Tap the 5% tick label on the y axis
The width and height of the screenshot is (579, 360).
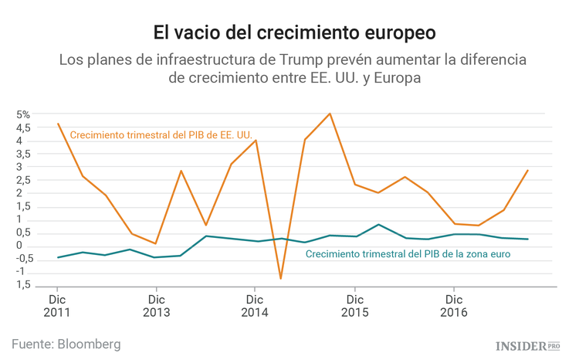[x=23, y=114]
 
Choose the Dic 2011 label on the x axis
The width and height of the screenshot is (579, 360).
[x=57, y=306]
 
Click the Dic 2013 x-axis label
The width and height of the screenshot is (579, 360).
[x=156, y=306]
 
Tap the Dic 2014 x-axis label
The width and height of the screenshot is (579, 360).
[x=255, y=306]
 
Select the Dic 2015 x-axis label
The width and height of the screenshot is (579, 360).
[x=354, y=306]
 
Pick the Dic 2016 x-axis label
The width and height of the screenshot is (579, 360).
[x=454, y=306]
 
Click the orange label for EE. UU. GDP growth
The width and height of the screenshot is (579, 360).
[x=161, y=134]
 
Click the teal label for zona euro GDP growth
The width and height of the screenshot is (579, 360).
[x=408, y=253]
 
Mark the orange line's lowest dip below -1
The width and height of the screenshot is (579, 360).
[x=280, y=278]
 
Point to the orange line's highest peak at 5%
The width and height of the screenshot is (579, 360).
[x=330, y=114]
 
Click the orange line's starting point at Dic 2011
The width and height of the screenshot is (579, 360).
[x=58, y=124]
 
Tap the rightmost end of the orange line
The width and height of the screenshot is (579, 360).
[x=528, y=170]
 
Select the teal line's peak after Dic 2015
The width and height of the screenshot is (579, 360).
[x=379, y=225]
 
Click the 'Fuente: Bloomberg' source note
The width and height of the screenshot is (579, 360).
[x=66, y=343]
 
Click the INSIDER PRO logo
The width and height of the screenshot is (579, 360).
[x=528, y=345]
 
